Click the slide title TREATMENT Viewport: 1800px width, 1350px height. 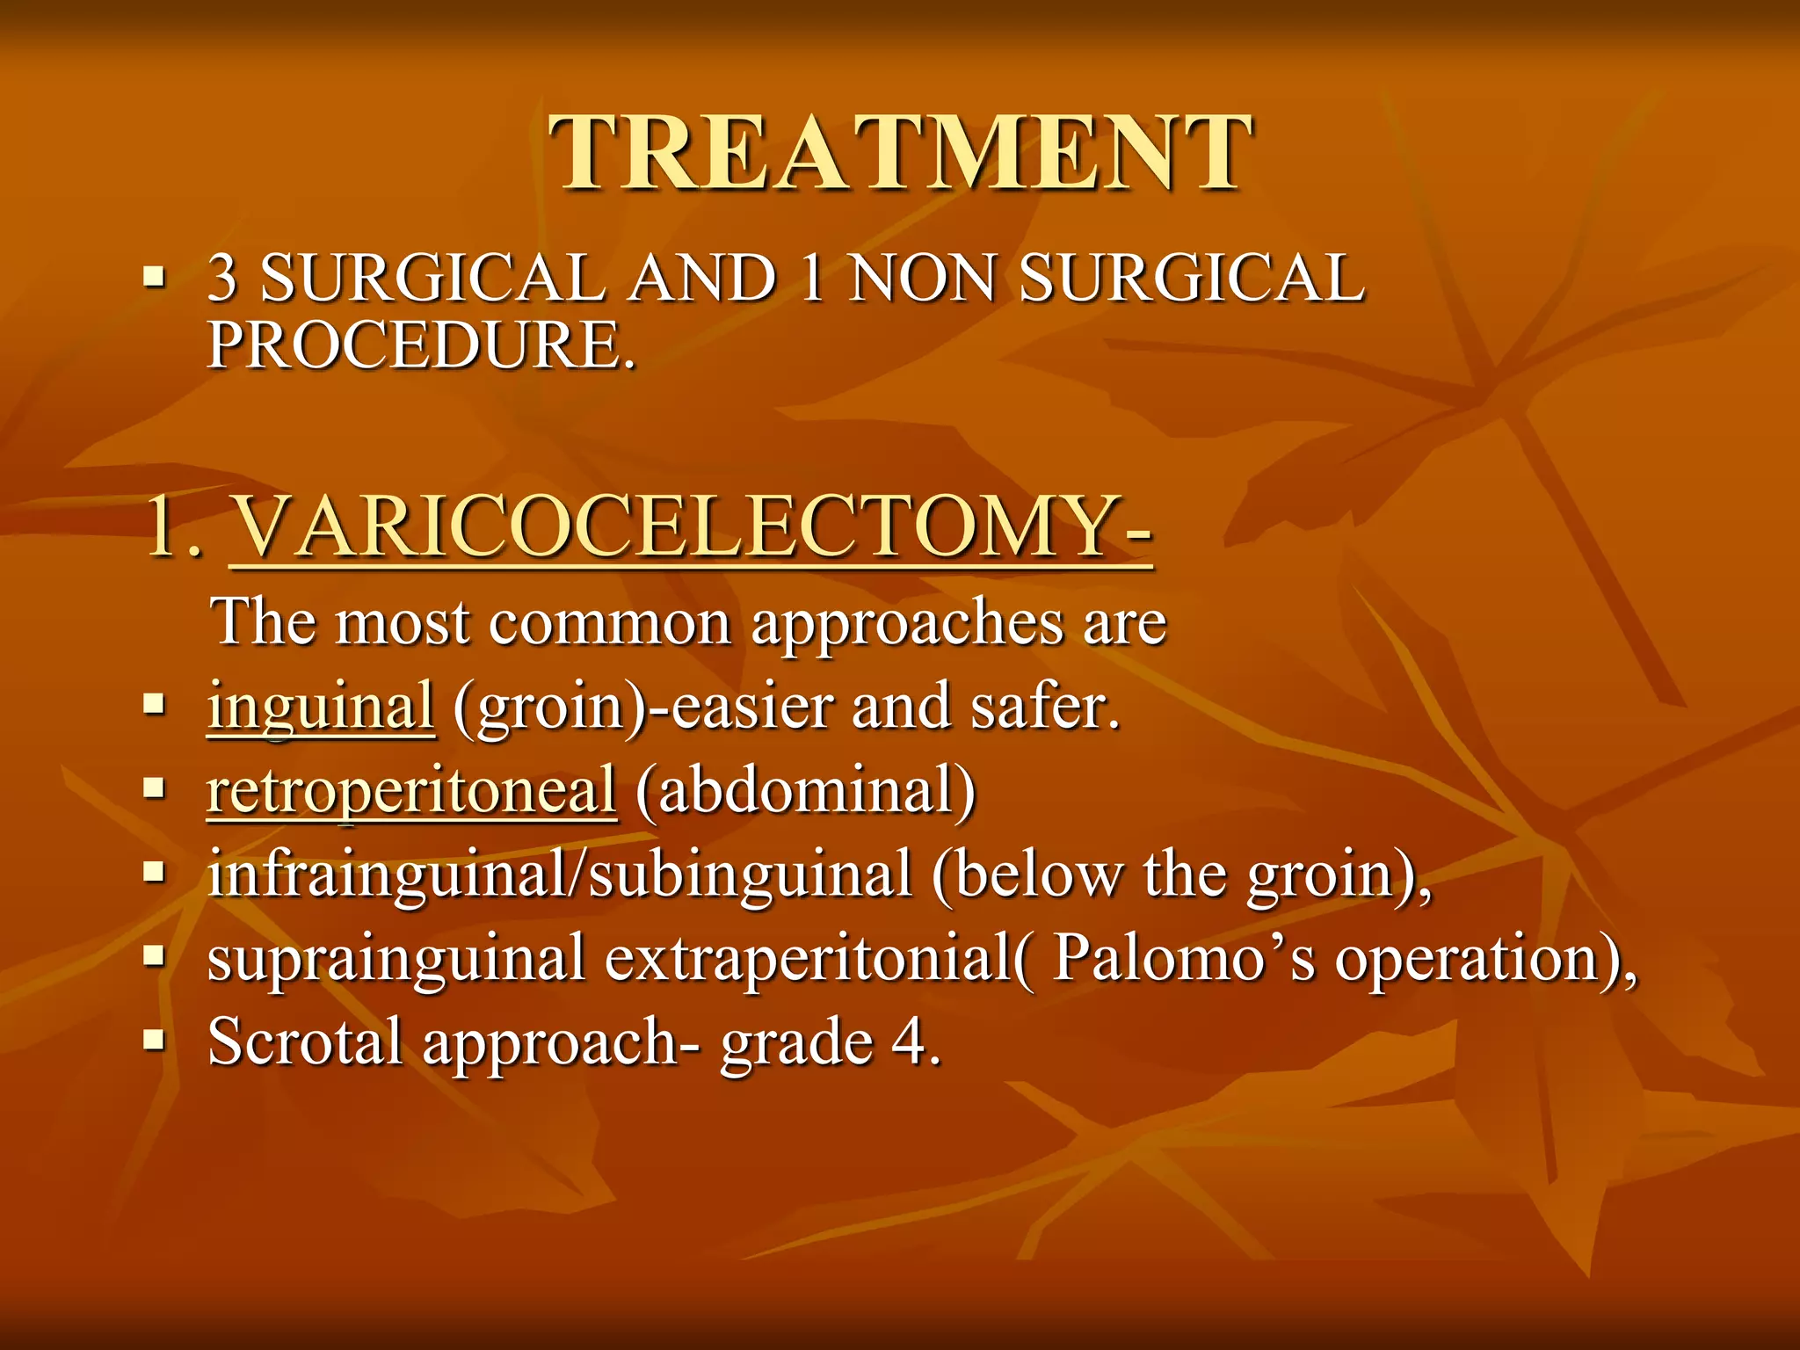(900, 154)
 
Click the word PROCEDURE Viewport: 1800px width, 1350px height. (420, 345)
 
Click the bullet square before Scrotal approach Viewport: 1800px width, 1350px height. (155, 1042)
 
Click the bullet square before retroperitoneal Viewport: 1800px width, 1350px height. (155, 788)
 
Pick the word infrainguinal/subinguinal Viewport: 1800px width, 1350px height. (560, 875)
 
